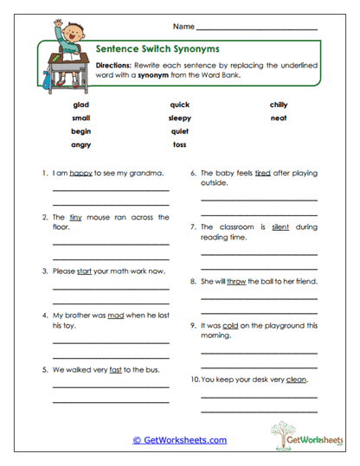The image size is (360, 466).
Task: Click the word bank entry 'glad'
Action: click(x=81, y=105)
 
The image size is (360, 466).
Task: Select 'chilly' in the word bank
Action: click(x=278, y=105)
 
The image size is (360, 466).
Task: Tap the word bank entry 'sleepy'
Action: click(x=180, y=118)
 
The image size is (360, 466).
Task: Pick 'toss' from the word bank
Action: click(x=179, y=144)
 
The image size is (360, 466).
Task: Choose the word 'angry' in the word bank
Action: click(x=81, y=144)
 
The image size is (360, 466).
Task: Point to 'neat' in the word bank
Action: click(x=278, y=118)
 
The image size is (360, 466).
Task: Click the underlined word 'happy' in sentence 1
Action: click(x=80, y=174)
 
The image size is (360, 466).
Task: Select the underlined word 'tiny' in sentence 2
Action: click(x=74, y=218)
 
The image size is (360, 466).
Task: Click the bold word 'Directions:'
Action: click(x=113, y=65)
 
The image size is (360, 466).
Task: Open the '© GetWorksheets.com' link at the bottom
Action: click(x=180, y=440)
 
